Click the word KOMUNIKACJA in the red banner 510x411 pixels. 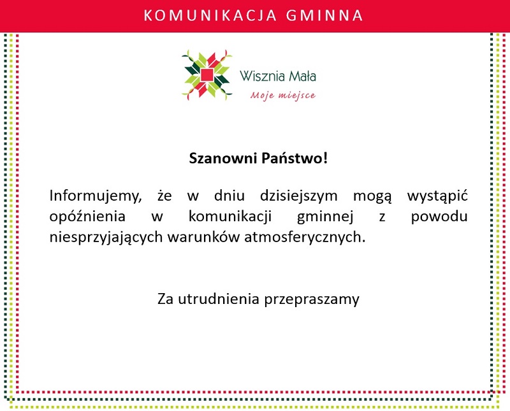click(x=210, y=15)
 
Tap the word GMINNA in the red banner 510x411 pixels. click(x=324, y=15)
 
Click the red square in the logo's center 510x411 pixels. click(x=207, y=75)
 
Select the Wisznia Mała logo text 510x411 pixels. click(x=278, y=76)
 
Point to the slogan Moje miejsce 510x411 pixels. click(x=282, y=96)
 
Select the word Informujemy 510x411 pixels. click(x=95, y=196)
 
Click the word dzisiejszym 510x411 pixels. click(x=298, y=196)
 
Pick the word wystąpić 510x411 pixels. click(x=437, y=196)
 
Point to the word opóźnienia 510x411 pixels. click(x=87, y=217)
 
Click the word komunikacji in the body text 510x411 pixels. click(x=230, y=217)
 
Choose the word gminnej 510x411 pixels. click(x=325, y=217)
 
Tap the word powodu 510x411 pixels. click(x=439, y=217)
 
